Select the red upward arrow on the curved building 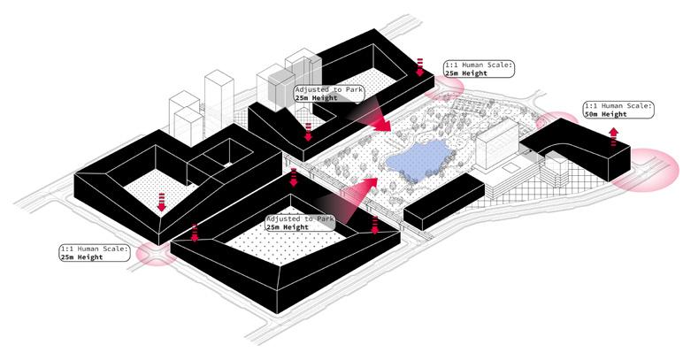click(612, 135)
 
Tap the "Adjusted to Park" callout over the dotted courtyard click(300, 223)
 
